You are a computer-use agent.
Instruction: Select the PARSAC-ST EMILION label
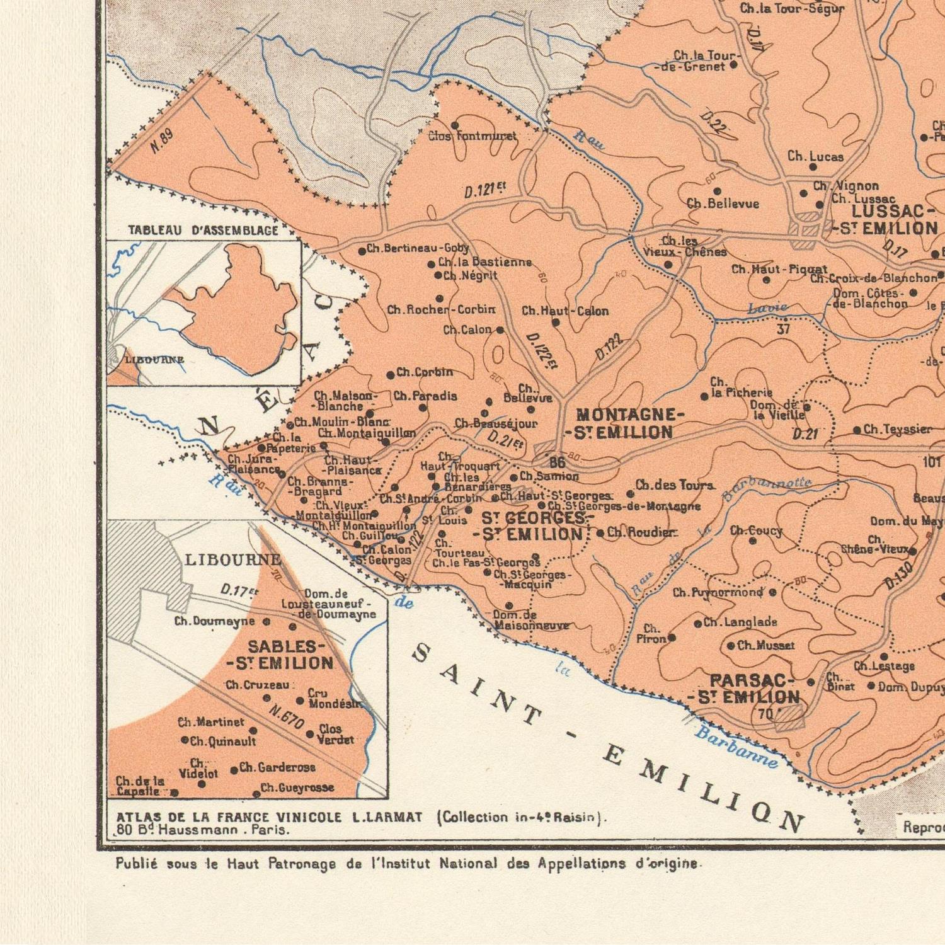[747, 689]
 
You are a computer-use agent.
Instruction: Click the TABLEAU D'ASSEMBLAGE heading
[203, 231]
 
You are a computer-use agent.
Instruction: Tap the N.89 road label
[162, 142]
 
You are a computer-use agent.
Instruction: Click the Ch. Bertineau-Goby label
[418, 248]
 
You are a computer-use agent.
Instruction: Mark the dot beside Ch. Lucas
[813, 168]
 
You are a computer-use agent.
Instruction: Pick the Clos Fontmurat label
[472, 136]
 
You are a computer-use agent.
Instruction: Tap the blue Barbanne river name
[736, 748]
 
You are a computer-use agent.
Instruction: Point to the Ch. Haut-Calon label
[565, 311]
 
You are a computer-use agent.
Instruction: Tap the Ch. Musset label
[765, 645]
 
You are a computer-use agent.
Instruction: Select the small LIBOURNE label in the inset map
[154, 360]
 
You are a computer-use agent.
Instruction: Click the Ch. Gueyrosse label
[297, 787]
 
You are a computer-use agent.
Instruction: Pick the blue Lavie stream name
[767, 308]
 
